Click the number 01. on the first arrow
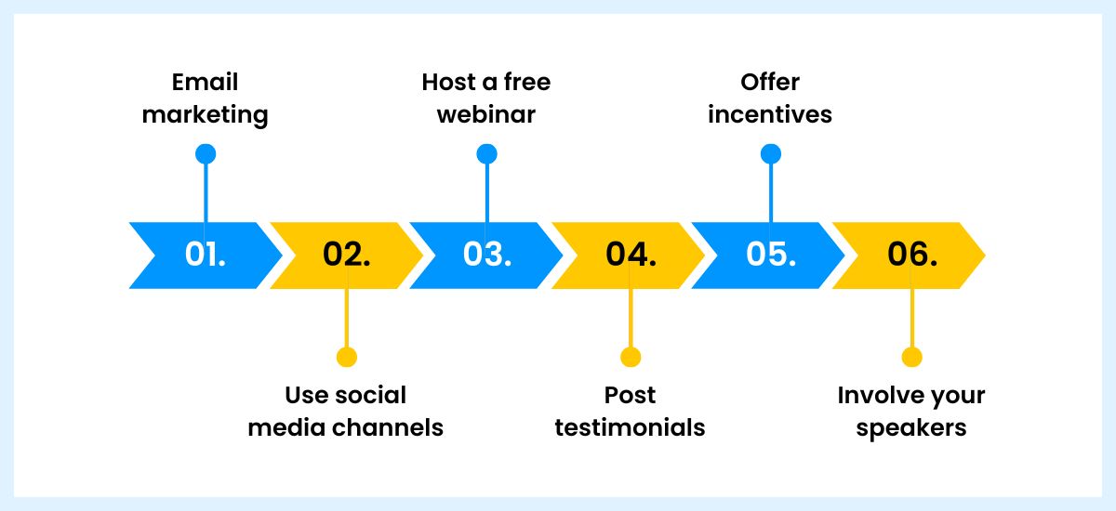pyautogui.click(x=206, y=255)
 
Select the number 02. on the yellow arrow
pyautogui.click(x=346, y=255)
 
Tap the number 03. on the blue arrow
pyautogui.click(x=485, y=255)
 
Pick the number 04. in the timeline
pyautogui.click(x=631, y=255)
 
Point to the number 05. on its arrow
pyautogui.click(x=770, y=255)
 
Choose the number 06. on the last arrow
pyautogui.click(x=911, y=255)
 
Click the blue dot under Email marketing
pyautogui.click(x=206, y=154)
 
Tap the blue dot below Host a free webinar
pyautogui.click(x=486, y=154)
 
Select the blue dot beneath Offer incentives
pyautogui.click(x=770, y=154)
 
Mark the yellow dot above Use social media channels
pyautogui.click(x=346, y=357)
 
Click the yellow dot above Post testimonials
pyautogui.click(x=631, y=357)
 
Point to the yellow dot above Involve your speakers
pyautogui.click(x=911, y=357)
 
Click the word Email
pyautogui.click(x=206, y=82)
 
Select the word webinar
pyautogui.click(x=486, y=115)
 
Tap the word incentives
pyautogui.click(x=770, y=115)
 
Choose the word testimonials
pyautogui.click(x=631, y=427)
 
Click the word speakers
pyautogui.click(x=911, y=428)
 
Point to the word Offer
pyautogui.click(x=770, y=82)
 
